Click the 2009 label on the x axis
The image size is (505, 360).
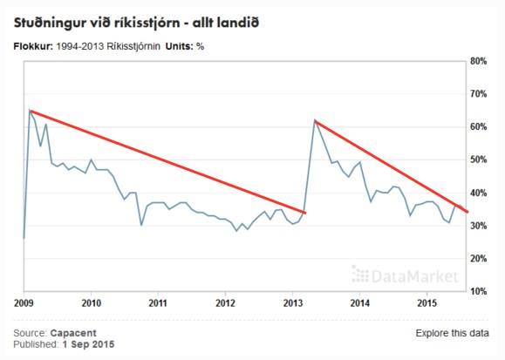tap(24, 303)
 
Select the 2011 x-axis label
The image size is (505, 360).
tap(158, 303)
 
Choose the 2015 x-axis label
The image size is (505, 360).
tap(427, 303)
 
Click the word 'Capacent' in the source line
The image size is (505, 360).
tap(73, 333)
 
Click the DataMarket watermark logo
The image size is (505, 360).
tap(405, 275)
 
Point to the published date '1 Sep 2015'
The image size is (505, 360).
tap(88, 345)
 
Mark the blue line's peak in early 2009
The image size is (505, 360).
tap(30, 111)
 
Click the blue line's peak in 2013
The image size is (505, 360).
tap(314, 120)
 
